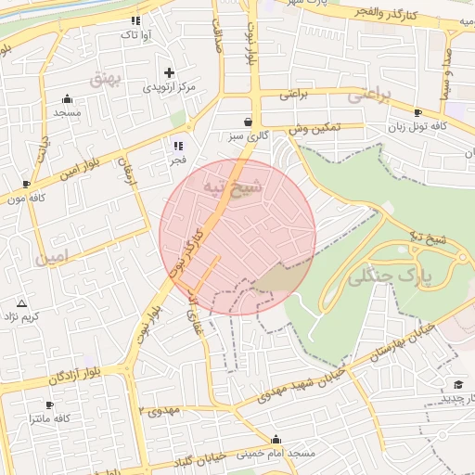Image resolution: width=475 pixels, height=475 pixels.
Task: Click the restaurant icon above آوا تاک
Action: (135, 19)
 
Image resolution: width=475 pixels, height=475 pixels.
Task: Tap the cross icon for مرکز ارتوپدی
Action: (169, 72)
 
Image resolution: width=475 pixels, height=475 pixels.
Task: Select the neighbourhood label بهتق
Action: (107, 79)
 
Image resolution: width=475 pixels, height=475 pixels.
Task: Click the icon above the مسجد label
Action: (67, 99)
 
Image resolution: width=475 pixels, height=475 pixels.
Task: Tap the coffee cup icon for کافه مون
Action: (27, 185)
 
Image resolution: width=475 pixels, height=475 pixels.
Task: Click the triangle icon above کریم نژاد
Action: (22, 303)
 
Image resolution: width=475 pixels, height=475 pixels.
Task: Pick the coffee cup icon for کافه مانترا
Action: (50, 405)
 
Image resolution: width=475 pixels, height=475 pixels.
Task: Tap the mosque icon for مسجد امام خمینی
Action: (276, 440)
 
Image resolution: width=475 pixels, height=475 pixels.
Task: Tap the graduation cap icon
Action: (457, 384)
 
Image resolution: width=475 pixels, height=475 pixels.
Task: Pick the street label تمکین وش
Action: (314, 128)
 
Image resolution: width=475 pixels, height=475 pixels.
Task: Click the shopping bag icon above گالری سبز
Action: (248, 122)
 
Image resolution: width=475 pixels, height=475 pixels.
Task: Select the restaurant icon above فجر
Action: (177, 146)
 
